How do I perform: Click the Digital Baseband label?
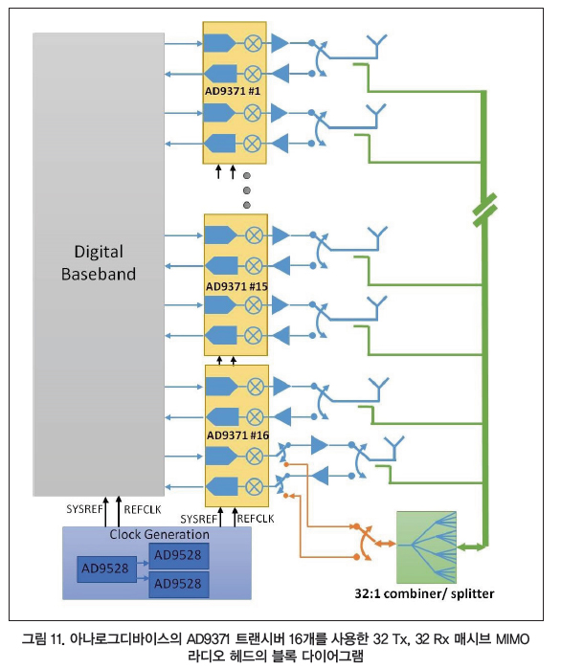coord(99,263)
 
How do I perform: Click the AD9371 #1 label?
coord(233,91)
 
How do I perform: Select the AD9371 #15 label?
coord(236,286)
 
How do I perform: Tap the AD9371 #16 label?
coord(237,435)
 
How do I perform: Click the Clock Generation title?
coord(159,534)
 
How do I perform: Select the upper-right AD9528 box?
coord(179,555)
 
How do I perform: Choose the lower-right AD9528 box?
coord(179,584)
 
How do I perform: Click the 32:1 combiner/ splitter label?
coord(424,593)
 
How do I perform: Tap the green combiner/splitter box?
coord(426,547)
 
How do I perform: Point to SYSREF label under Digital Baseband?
coord(84,509)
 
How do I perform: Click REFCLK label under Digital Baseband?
coord(143,509)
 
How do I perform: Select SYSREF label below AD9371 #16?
coord(199,520)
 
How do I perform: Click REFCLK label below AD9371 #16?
coord(256,519)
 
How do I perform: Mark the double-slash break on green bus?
coord(485,210)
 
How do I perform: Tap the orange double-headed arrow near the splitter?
coord(385,544)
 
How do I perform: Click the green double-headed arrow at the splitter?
coord(471,546)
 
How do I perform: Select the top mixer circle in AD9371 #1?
coord(253,43)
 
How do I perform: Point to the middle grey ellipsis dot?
coord(247,190)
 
